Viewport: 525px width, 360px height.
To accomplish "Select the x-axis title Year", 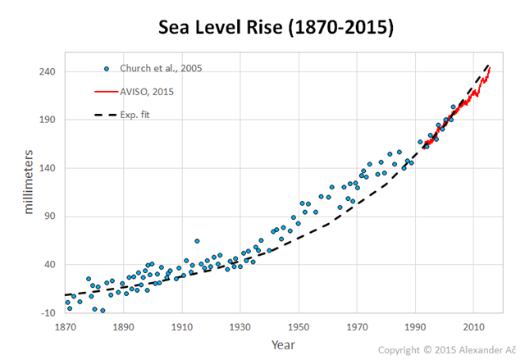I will pos(284,344).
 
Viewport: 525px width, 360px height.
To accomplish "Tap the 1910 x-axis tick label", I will pos(181,327).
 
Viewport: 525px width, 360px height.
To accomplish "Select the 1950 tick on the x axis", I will pos(299,327).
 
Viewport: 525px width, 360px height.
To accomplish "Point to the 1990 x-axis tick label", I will pos(415,327).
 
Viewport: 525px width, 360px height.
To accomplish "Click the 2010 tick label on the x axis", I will pos(473,327).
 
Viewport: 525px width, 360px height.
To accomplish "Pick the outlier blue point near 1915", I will pos(197,241).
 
